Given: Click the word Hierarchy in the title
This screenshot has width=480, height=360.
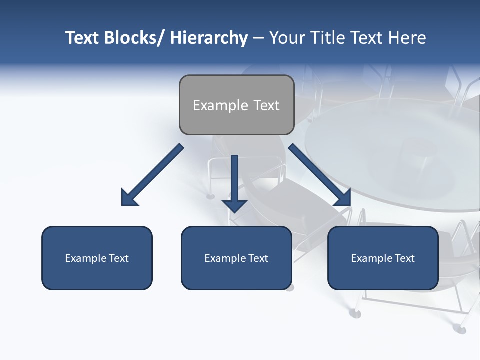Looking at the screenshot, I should (x=209, y=38).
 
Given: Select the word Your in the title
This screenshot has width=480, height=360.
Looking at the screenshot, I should (x=287, y=38).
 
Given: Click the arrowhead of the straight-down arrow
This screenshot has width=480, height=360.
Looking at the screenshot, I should (x=235, y=205).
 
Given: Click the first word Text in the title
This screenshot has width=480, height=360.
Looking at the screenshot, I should (x=83, y=38).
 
